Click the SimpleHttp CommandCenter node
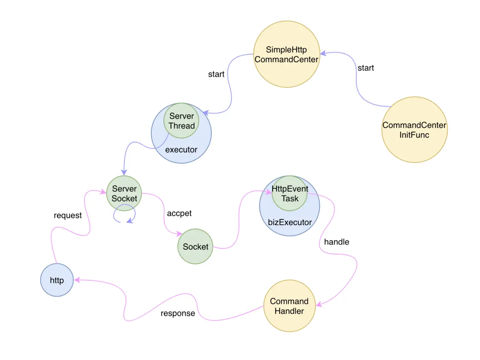pos(286,55)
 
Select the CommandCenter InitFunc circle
pos(414,130)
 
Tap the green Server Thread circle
pos(181,121)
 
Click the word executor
pos(181,149)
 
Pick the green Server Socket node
pos(124,193)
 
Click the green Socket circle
pos(195,247)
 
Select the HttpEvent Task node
pos(290,194)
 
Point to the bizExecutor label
pos(290,222)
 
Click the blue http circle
pos(57,280)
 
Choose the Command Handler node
pos(289,306)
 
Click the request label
pos(68,216)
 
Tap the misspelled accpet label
pos(179,213)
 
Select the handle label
pos(336,242)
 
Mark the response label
pos(178,313)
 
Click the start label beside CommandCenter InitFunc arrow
pos(365,68)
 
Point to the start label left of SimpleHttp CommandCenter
pos(216,74)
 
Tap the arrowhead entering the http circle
pos(77,279)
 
